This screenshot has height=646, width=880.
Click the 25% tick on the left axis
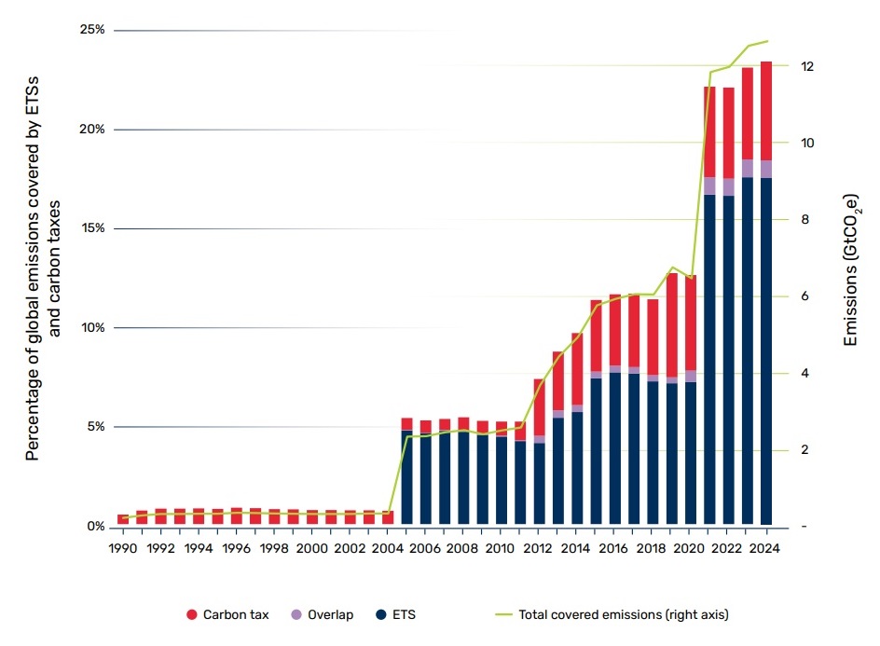click(x=92, y=30)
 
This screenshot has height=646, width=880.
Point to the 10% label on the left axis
click(x=93, y=328)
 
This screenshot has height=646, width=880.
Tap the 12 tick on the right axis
click(x=807, y=66)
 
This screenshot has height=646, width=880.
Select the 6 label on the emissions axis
click(x=804, y=296)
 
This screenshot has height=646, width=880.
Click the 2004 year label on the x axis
click(x=387, y=548)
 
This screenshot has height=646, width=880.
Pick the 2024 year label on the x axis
click(x=764, y=548)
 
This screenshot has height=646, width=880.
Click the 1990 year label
click(x=123, y=548)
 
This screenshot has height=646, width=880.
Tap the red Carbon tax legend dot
click(x=192, y=614)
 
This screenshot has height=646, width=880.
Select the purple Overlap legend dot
click(x=296, y=614)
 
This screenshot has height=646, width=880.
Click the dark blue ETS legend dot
click(x=381, y=614)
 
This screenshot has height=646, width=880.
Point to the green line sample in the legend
click(x=504, y=614)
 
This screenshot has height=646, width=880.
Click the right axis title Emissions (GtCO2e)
click(x=851, y=270)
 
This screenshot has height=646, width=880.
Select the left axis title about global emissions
click(x=42, y=268)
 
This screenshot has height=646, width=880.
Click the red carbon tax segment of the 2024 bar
click(x=766, y=111)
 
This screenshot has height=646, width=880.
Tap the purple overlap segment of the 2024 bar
click(x=766, y=169)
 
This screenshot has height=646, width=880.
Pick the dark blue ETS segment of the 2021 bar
click(x=709, y=359)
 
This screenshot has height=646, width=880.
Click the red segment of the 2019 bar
click(x=672, y=325)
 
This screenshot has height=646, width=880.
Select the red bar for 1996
click(x=236, y=515)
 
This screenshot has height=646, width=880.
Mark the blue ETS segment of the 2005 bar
click(x=406, y=477)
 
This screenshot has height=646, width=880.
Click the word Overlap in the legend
click(x=331, y=614)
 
